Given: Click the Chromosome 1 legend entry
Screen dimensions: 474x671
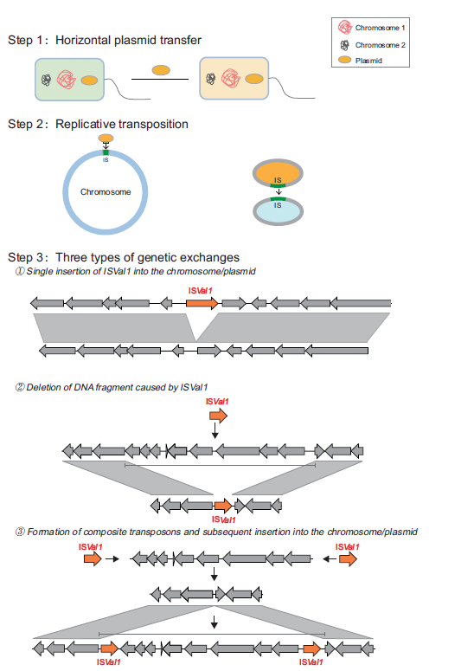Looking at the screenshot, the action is [x=371, y=28].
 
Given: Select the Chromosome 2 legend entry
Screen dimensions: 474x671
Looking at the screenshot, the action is [x=372, y=45].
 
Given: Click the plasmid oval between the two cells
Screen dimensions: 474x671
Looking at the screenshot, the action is [x=161, y=70].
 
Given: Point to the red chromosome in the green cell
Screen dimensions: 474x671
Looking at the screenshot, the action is [x=67, y=80].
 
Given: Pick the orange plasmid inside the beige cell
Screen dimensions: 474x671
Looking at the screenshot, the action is [x=254, y=79].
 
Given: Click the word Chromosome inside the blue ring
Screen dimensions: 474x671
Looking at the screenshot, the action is [x=106, y=191].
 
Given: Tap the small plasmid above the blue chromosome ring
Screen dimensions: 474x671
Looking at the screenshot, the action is [x=106, y=139].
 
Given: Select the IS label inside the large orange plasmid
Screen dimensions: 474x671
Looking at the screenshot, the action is [x=278, y=180].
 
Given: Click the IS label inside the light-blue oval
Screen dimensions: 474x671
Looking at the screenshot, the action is [x=278, y=205].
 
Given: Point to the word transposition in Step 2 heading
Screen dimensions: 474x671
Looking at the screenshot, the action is [x=153, y=124].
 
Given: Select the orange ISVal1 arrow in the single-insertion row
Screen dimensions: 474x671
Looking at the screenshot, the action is [x=202, y=303].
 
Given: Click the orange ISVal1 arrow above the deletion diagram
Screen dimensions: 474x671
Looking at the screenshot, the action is [x=219, y=416].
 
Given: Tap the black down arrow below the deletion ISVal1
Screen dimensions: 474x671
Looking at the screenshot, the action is [x=215, y=430].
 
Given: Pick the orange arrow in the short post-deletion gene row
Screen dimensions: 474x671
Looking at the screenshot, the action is [x=223, y=506].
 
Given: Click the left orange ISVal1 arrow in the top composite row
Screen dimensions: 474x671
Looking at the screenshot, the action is [x=93, y=558].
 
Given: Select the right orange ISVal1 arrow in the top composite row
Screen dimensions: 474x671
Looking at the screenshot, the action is [x=348, y=558].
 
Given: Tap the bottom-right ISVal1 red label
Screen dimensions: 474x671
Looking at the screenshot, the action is [x=311, y=662].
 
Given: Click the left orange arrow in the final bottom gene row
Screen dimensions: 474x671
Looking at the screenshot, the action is [x=109, y=648].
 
